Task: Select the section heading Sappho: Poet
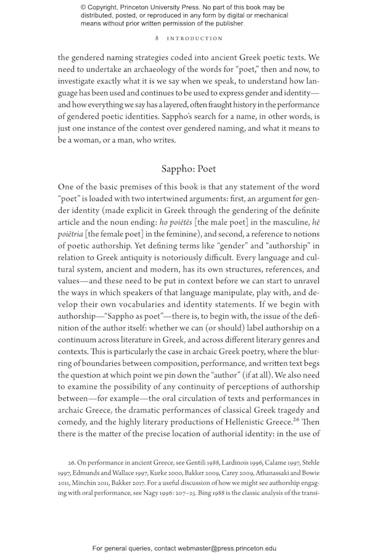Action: coord(189,168)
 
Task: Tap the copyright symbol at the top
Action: coord(84,7)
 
